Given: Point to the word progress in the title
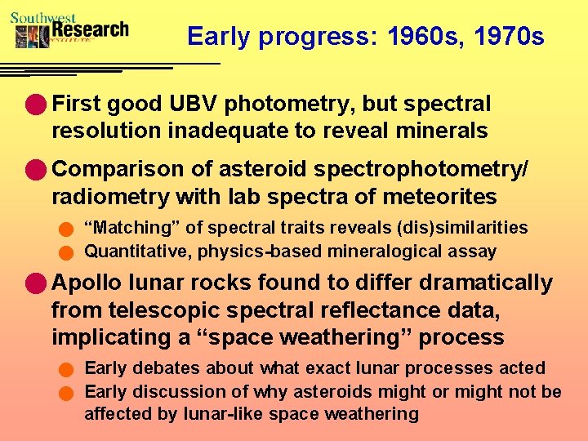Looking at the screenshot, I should (x=310, y=38).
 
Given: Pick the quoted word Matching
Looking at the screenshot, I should (x=125, y=228).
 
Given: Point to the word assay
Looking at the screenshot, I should (x=475, y=252).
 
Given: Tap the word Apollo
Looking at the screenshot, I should (x=84, y=283).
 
